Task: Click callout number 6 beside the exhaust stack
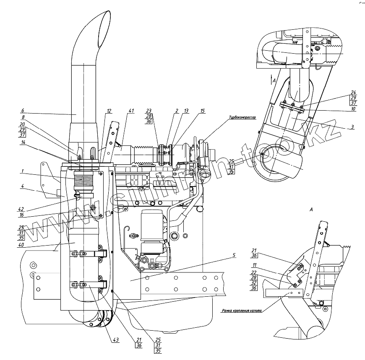coord(22,111)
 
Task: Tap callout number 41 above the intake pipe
coord(131,111)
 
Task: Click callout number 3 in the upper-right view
coord(353,127)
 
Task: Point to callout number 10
coord(353,109)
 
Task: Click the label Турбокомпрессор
coord(242,118)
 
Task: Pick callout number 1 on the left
coord(22,171)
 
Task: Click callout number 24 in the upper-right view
coord(353,92)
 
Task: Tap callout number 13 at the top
coord(186,111)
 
